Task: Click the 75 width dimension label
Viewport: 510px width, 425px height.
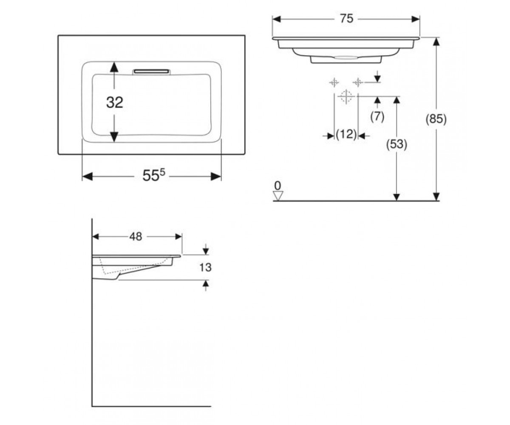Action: (347, 19)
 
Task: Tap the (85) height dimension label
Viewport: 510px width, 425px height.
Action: (436, 119)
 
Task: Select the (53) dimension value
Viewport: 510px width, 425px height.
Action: (397, 144)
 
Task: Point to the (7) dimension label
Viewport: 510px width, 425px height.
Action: (377, 117)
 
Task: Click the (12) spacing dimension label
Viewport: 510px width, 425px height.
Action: (346, 134)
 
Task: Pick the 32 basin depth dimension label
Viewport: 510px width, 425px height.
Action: (115, 102)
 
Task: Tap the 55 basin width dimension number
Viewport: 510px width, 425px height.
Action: (151, 176)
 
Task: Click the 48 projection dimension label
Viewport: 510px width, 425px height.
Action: (136, 237)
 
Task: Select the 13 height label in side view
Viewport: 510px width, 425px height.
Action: (205, 267)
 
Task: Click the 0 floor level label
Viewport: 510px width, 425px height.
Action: (278, 186)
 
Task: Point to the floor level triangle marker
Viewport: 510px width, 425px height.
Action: (278, 196)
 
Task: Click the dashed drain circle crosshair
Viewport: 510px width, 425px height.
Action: (346, 96)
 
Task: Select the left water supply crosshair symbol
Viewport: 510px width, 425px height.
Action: (334, 83)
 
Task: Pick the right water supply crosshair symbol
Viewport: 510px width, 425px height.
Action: (358, 83)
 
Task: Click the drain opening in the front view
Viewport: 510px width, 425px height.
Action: (346, 57)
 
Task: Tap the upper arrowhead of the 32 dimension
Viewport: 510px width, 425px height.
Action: (114, 67)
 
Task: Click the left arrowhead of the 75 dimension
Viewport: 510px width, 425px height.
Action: (277, 19)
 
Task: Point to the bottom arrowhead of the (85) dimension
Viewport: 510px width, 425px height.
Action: (436, 196)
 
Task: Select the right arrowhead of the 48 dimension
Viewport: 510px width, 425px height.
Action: (178, 237)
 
